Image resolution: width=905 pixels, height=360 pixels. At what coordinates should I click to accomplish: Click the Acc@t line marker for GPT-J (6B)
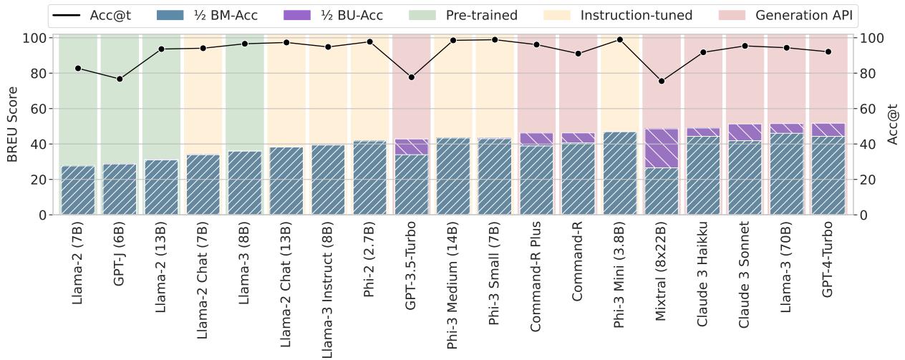(x=120, y=79)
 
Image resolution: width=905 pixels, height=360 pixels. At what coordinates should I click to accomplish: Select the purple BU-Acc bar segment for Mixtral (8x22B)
(x=661, y=148)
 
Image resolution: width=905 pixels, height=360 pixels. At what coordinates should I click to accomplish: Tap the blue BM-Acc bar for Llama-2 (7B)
(x=78, y=190)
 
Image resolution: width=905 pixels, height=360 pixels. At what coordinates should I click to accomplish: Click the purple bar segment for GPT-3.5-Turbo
(x=411, y=147)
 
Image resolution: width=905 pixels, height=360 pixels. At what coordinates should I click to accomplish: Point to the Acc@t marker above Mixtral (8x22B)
(x=661, y=81)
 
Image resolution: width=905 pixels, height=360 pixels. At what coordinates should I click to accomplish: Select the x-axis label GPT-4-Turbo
(x=828, y=261)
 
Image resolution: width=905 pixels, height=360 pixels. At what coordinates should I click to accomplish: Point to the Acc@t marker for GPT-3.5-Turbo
(x=411, y=77)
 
